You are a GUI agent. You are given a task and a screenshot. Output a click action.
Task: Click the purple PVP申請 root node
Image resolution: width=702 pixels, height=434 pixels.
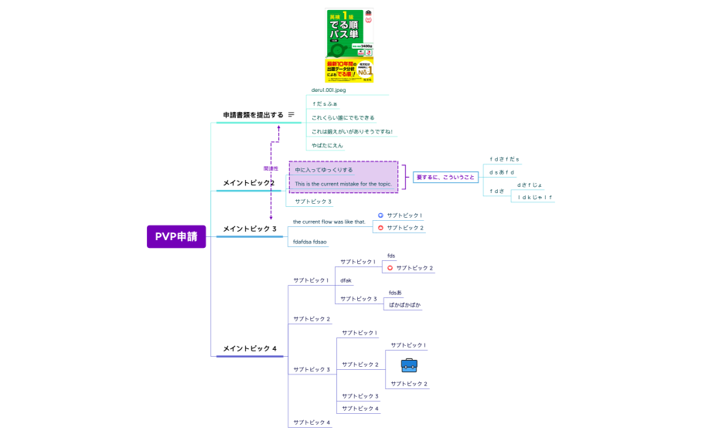click(x=176, y=236)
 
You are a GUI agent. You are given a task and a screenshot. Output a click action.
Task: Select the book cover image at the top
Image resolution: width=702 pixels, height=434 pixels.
click(x=349, y=46)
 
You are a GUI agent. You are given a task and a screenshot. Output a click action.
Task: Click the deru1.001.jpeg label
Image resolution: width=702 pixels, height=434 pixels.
click(x=329, y=90)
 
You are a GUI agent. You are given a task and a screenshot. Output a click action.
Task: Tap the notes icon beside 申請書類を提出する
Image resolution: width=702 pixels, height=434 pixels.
click(x=291, y=114)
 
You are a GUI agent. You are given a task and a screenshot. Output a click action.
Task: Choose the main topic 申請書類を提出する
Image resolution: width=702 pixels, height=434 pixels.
click(x=253, y=115)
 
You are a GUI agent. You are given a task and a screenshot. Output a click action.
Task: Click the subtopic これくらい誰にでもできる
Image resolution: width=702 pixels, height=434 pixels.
click(x=342, y=118)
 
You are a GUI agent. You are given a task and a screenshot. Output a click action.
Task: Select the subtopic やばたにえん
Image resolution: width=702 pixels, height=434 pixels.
click(x=327, y=145)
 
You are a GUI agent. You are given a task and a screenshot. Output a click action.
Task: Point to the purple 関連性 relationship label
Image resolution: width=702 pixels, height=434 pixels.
click(x=271, y=168)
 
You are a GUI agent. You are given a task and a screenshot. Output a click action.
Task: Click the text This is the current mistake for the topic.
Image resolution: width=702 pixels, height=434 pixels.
click(x=343, y=184)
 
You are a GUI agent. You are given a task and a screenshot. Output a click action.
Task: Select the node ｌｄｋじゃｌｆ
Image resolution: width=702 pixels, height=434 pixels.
click(x=535, y=197)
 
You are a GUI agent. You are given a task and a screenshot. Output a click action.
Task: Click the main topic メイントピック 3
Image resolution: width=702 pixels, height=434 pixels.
click(x=249, y=229)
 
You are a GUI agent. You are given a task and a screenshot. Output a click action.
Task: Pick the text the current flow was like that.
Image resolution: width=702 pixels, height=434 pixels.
click(x=329, y=222)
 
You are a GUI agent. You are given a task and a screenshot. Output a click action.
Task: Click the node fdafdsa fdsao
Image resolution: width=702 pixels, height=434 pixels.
click(x=309, y=242)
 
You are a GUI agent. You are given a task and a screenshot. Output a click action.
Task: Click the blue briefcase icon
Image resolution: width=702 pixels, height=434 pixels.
click(x=409, y=365)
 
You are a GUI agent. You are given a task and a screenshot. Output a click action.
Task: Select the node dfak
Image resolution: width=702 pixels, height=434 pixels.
click(x=346, y=280)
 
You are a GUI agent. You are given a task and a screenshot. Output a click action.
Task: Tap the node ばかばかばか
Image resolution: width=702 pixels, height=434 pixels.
click(x=404, y=305)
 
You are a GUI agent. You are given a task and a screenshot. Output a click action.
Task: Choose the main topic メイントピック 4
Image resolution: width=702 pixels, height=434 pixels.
click(x=249, y=348)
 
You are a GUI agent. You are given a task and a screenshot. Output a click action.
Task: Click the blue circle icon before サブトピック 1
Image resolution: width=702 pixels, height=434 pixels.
click(x=380, y=215)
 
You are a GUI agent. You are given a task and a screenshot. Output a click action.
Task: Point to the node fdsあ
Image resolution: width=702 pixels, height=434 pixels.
click(x=395, y=293)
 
